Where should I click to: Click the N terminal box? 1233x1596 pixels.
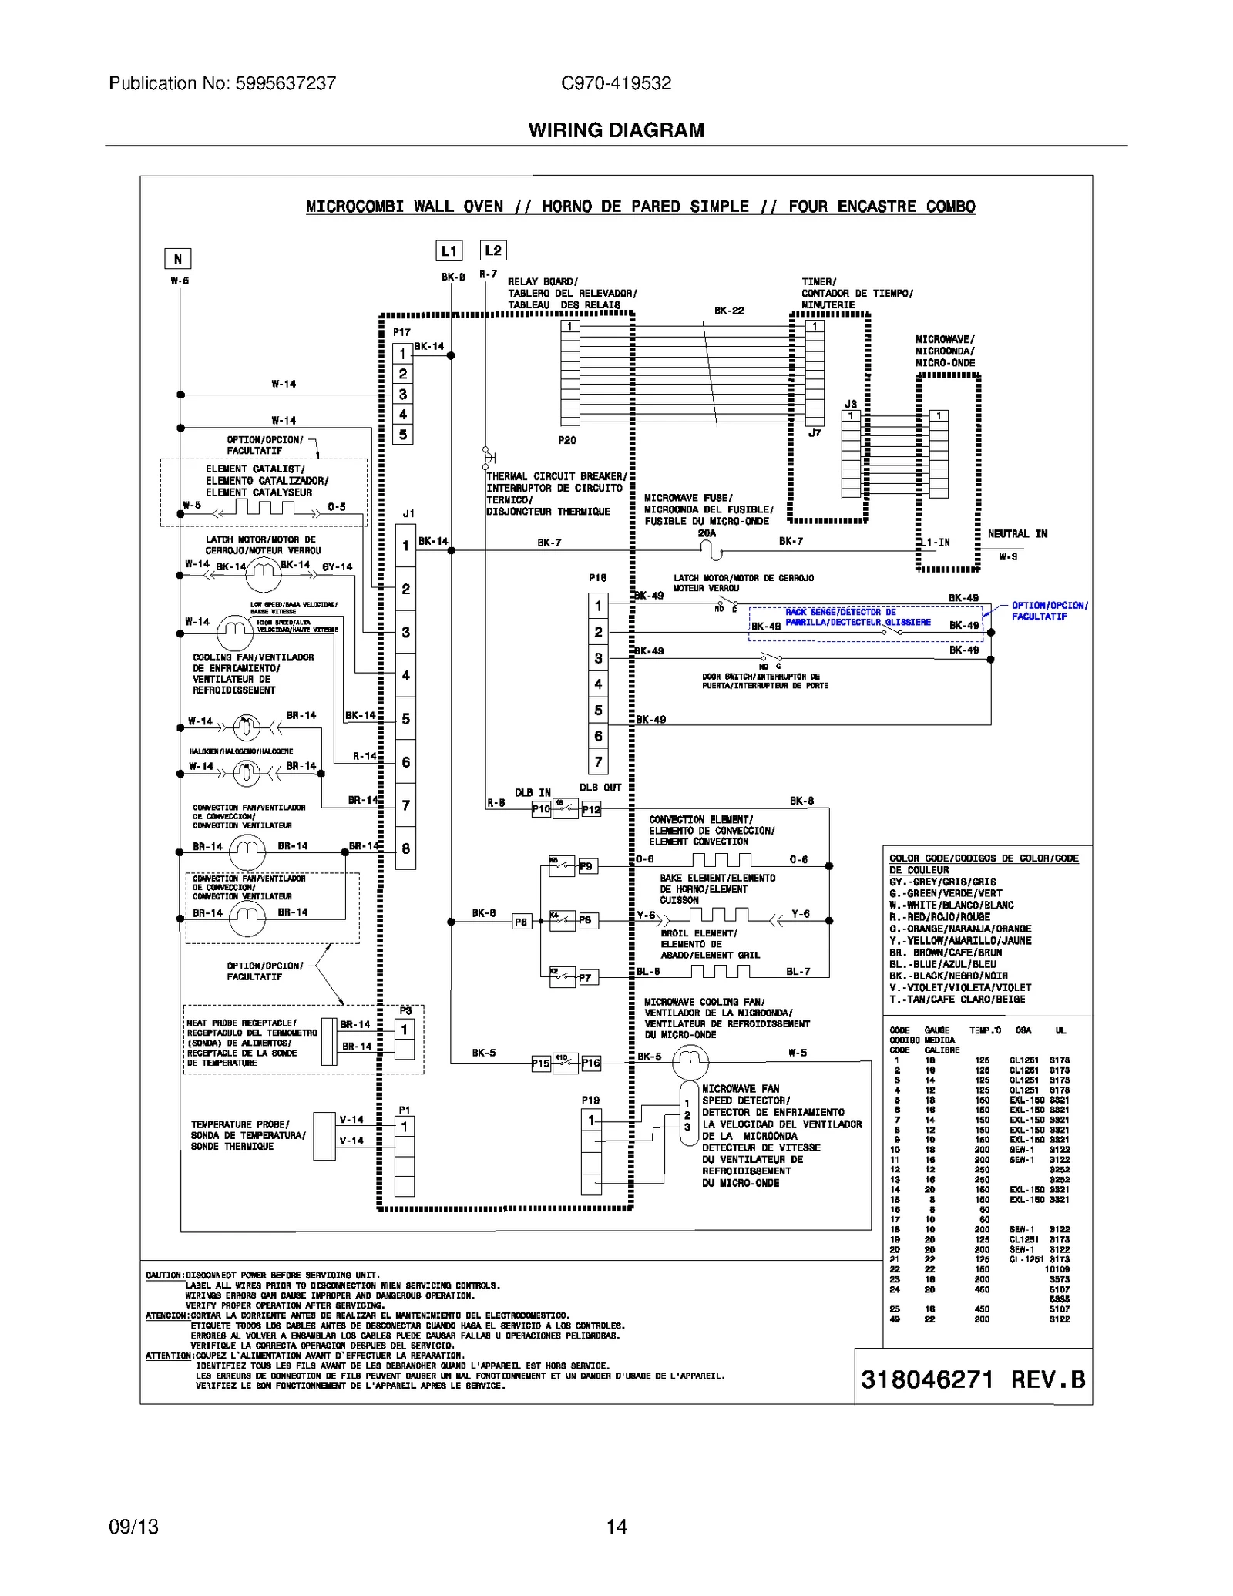[177, 259]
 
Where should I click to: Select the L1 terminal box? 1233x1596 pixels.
[449, 250]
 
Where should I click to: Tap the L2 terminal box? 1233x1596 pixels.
[493, 250]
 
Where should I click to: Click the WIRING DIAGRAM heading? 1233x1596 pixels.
[616, 130]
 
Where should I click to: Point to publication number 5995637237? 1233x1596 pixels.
[222, 83]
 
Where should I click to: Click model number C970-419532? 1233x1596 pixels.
[616, 83]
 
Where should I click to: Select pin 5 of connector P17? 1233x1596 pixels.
[402, 435]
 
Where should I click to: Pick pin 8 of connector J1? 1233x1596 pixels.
[405, 848]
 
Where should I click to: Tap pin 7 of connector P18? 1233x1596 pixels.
[598, 762]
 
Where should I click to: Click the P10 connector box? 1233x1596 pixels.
[541, 809]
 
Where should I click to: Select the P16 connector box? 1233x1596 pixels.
[590, 1063]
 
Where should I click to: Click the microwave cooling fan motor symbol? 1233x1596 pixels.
[690, 1063]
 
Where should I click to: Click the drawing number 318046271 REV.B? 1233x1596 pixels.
[973, 1379]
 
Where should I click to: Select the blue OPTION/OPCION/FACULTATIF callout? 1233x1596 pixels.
[1049, 611]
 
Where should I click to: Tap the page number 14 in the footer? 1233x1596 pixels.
[616, 1527]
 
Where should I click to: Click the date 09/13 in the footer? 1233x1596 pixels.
[133, 1527]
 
